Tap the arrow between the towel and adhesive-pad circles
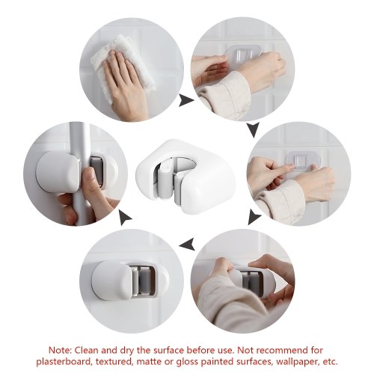click(x=186, y=101)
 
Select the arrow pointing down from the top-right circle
click(x=254, y=129)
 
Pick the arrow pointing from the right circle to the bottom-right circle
click(x=254, y=217)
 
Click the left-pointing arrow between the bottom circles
click(x=187, y=245)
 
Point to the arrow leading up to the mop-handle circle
click(x=125, y=218)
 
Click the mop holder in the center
click(x=186, y=177)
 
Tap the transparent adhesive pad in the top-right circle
click(x=244, y=54)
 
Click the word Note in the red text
click(x=60, y=350)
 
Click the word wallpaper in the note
click(x=292, y=362)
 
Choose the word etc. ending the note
click(x=328, y=361)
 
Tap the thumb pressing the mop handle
click(x=88, y=185)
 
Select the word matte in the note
click(x=149, y=361)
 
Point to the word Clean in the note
click(x=87, y=350)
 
